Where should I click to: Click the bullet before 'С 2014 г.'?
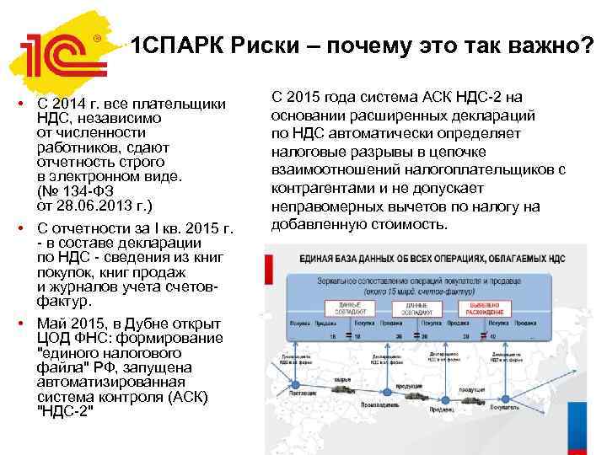tap(26, 104)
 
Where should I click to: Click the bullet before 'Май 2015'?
tap(26, 324)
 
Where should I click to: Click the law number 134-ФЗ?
tap(88, 191)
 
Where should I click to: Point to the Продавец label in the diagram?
tap(445, 410)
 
